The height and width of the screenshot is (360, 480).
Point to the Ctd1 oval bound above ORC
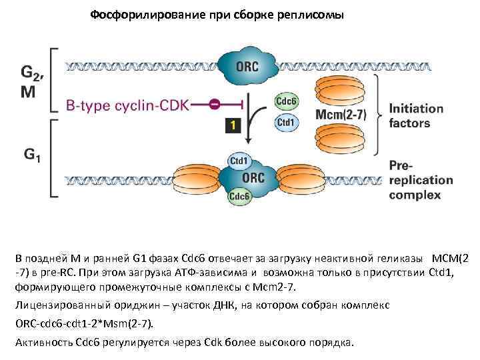pos(239,161)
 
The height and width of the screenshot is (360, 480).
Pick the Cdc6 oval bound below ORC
pos(239,197)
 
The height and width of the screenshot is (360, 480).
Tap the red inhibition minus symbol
pos(215,103)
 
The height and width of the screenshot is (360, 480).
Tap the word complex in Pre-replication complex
pos(415,195)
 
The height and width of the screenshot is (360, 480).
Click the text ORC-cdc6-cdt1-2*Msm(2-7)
pos(83,323)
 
